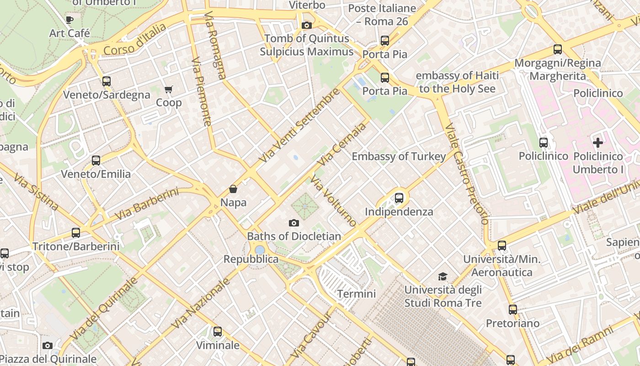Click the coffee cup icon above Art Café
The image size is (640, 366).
69,20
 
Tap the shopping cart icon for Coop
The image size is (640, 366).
169,89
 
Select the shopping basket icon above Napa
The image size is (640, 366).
233,189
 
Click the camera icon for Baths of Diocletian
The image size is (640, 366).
294,223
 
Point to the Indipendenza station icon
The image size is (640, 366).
399,198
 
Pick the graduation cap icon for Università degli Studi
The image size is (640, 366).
443,276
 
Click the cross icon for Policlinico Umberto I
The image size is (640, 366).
597,143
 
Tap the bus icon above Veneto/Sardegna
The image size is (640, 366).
107,81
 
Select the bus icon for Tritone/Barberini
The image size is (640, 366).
76,233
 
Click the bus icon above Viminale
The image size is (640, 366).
218,332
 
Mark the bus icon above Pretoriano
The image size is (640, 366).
513,310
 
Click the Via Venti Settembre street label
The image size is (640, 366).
299,125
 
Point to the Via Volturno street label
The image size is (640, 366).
333,200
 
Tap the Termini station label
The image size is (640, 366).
356,294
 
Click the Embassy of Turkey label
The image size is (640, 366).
398,156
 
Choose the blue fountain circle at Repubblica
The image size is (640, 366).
260,250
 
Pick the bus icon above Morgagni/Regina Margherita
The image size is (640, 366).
557,49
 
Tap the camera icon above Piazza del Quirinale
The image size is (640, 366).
47,345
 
